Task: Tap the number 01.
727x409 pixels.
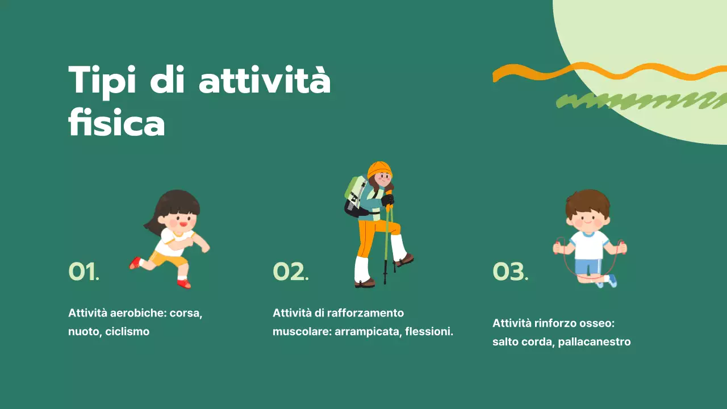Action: point(83,272)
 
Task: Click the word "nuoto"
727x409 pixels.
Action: point(83,331)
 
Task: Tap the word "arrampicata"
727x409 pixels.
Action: point(367,331)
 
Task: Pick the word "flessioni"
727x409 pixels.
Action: point(429,331)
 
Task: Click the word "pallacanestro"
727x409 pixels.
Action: point(594,342)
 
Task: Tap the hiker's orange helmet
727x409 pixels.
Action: point(379,169)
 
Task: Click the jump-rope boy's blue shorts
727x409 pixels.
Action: point(588,265)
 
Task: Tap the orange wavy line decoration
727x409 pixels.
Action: point(602,72)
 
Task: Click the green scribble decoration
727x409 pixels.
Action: point(636,102)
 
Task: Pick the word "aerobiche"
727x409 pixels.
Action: point(139,313)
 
